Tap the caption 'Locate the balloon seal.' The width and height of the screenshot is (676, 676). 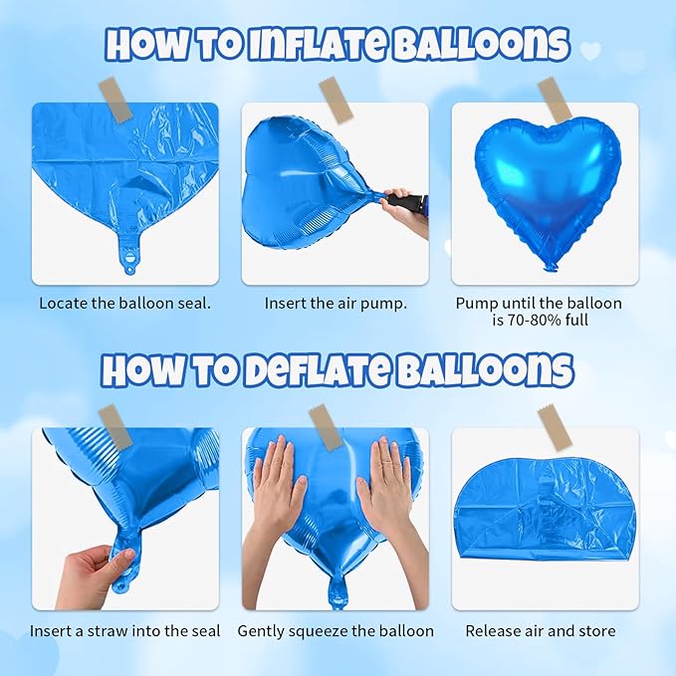124,303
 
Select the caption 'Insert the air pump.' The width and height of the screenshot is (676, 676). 336,303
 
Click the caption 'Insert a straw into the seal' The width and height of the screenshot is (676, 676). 124,631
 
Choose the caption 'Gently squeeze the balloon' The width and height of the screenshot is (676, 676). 336,631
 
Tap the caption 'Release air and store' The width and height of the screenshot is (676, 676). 541,631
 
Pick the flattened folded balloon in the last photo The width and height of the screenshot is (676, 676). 545,518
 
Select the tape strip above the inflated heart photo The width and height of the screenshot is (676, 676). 554,100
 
